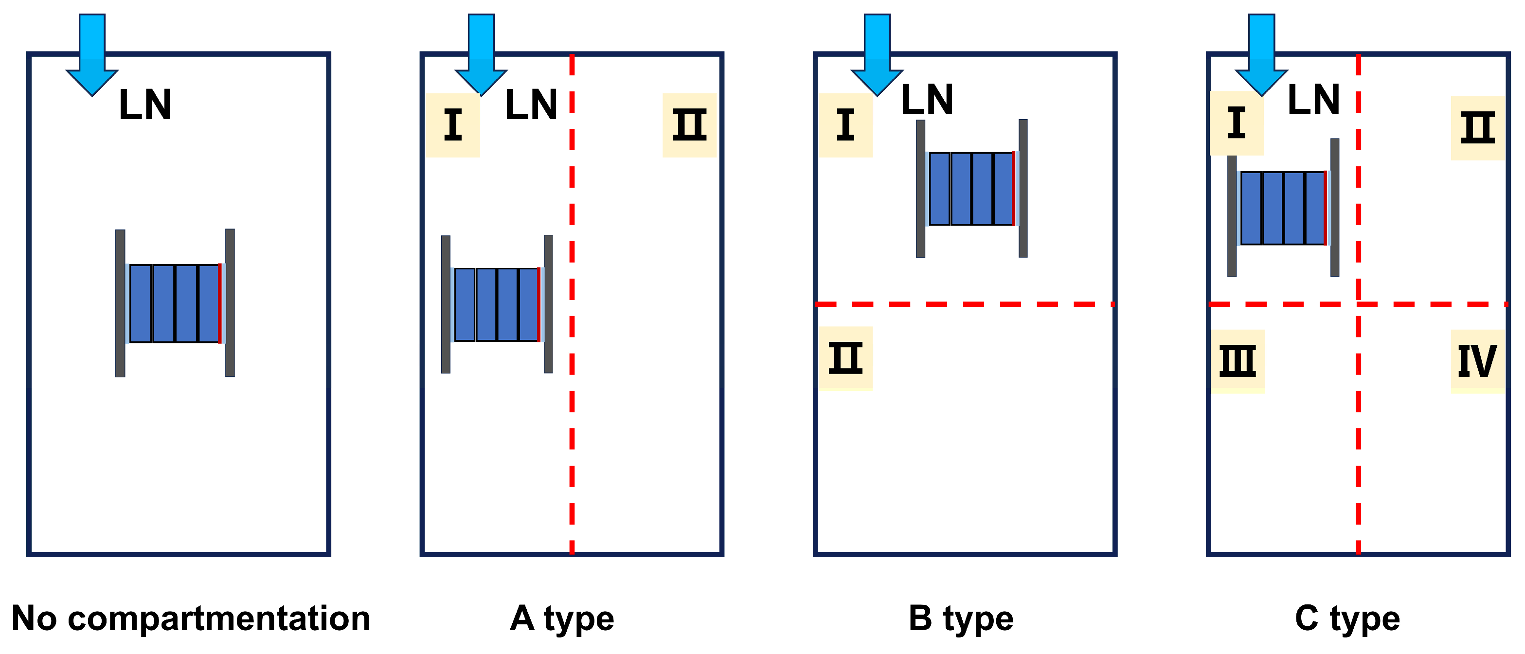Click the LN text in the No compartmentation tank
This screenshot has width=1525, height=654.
tap(145, 106)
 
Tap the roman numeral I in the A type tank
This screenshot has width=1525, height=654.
tap(453, 125)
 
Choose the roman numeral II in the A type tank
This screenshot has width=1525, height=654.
tap(689, 125)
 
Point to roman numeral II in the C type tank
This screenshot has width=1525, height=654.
tap(1478, 128)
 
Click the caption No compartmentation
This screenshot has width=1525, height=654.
tap(191, 619)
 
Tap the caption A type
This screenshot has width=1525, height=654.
tap(562, 619)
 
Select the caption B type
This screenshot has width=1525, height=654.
tap(961, 619)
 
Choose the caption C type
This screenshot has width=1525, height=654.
tap(1347, 619)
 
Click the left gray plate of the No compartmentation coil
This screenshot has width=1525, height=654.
tap(120, 303)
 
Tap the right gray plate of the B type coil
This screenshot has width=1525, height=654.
tap(1023, 188)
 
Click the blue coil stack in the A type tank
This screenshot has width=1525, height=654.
tap(497, 305)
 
